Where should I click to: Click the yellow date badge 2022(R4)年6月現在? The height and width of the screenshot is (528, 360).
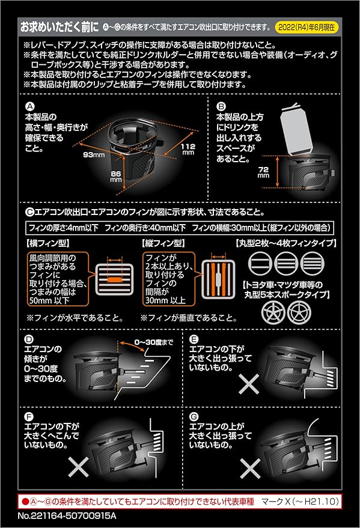click(x=307, y=28)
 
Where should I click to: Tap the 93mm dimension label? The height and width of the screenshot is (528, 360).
click(x=94, y=155)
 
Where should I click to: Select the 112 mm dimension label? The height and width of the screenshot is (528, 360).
click(x=188, y=149)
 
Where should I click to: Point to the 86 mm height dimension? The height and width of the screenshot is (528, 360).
click(x=116, y=177)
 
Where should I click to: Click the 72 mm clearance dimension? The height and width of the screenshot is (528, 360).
click(x=263, y=172)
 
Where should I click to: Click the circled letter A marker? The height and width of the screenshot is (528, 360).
click(x=30, y=106)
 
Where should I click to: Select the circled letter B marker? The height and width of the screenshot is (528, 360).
click(x=221, y=106)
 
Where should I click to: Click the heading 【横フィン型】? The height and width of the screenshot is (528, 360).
click(x=47, y=243)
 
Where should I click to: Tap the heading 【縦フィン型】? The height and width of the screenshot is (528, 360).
click(x=163, y=243)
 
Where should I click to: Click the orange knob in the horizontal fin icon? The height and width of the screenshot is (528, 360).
click(x=115, y=279)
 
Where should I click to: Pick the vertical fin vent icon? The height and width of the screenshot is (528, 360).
click(x=218, y=279)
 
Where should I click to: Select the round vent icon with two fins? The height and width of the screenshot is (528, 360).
click(x=260, y=263)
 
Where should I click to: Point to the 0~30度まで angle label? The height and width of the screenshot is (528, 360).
click(x=154, y=342)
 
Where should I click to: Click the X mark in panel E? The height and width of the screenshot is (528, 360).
click(x=249, y=384)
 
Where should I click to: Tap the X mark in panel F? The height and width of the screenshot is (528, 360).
click(x=79, y=467)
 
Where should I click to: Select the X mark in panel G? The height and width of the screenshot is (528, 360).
click(x=250, y=469)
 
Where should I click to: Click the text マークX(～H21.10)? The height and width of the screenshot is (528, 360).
click(x=300, y=502)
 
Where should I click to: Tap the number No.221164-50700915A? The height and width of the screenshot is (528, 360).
click(x=67, y=515)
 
